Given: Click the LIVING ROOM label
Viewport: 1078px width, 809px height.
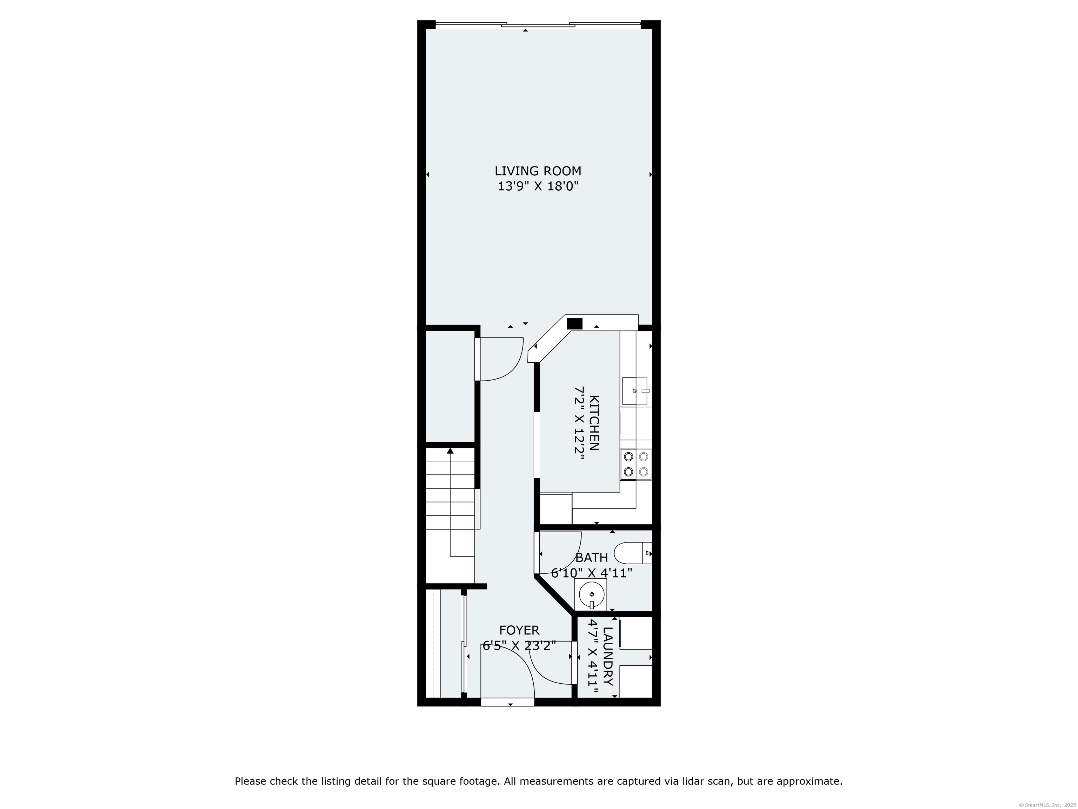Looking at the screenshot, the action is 538,171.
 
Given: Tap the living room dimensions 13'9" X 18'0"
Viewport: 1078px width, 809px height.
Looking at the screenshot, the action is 538,186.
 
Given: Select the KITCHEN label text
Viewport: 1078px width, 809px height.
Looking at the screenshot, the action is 594,423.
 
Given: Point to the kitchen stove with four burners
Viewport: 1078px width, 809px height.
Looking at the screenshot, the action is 636,464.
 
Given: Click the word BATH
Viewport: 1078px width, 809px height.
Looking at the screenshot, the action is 592,558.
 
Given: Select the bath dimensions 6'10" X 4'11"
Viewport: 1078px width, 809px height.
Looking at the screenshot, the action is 592,573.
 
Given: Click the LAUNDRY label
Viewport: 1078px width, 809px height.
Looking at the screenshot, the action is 608,656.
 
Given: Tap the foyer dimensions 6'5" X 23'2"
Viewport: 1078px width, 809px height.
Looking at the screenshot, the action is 519,646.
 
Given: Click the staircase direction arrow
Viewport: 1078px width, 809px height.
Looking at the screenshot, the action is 450,502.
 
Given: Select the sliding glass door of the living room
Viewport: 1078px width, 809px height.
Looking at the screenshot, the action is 538,24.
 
